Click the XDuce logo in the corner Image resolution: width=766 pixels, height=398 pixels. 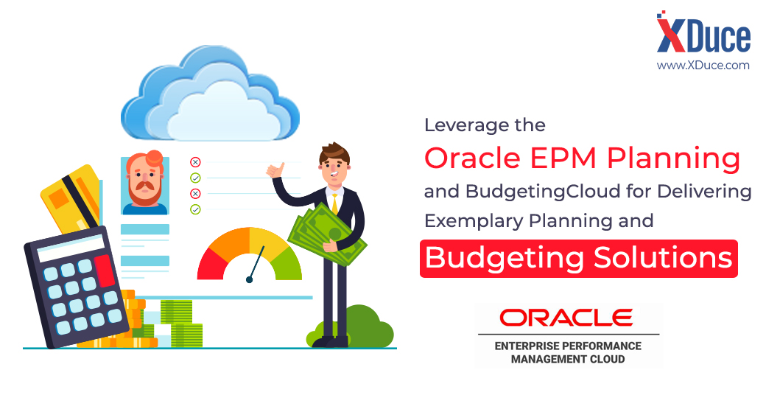[x=703, y=32]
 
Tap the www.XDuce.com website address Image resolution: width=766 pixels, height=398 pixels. [x=703, y=65]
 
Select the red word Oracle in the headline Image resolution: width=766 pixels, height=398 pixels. [x=472, y=158]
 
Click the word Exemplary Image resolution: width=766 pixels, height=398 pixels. [x=474, y=221]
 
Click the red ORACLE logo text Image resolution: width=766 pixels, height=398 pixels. [x=566, y=318]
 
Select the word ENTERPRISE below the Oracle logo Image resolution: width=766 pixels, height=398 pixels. [x=527, y=346]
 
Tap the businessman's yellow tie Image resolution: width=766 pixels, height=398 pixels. [x=335, y=203]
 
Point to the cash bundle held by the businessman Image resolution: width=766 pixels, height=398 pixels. [x=327, y=234]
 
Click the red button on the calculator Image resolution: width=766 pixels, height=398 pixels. [x=104, y=270]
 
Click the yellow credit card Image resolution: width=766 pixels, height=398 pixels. [x=70, y=198]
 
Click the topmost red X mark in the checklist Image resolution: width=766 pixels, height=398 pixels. [x=195, y=162]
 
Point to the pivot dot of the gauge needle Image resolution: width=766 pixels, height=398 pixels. [x=249, y=279]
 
